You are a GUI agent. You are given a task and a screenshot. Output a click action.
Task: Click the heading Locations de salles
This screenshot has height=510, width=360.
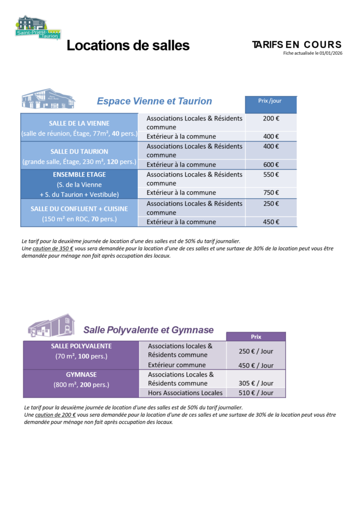(128, 45)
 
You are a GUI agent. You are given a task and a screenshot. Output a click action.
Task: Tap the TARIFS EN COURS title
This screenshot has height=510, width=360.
(297, 45)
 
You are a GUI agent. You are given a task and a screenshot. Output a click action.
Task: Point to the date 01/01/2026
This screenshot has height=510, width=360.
(330, 53)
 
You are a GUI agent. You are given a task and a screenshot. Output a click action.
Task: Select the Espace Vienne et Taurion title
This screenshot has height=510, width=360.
(154, 101)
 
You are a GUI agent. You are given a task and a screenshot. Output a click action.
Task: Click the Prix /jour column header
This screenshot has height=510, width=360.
(270, 101)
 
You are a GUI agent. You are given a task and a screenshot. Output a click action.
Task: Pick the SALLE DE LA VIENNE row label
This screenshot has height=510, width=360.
(79, 123)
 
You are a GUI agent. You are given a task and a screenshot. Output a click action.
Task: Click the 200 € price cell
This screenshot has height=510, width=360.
(270, 119)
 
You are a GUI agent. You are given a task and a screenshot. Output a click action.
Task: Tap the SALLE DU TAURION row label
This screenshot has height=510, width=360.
(79, 151)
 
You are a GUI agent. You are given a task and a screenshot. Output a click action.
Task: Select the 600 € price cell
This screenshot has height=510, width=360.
(270, 164)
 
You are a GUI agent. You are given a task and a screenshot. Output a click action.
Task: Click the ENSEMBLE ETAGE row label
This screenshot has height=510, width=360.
(79, 175)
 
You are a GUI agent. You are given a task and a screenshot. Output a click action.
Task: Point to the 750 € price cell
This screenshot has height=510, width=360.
(270, 192)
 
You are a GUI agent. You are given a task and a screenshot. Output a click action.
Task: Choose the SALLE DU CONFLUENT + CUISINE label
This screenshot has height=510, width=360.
(79, 209)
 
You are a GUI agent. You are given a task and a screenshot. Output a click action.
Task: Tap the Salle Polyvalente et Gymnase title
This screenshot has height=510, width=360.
(148, 330)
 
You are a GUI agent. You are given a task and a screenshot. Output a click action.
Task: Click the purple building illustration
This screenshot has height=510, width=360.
(51, 325)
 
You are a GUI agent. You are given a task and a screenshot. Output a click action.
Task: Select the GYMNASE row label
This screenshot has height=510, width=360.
(81, 375)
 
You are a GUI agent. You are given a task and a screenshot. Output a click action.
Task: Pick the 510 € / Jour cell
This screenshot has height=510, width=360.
(256, 393)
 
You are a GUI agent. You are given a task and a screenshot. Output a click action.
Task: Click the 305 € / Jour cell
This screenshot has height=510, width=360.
(256, 383)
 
